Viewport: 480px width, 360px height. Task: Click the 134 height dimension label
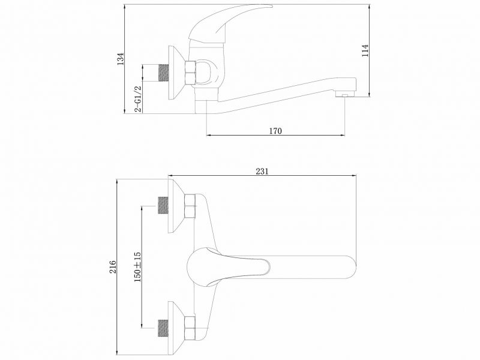[122, 59]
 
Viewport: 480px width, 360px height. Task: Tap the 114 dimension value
[365, 50]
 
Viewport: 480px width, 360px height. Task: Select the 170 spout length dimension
[275, 131]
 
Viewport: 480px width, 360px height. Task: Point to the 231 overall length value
[262, 171]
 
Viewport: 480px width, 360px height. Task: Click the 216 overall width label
[113, 266]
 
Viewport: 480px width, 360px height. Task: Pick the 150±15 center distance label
[137, 267]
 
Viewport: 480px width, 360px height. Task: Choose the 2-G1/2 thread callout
[139, 98]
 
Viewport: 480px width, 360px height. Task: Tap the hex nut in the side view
[190, 72]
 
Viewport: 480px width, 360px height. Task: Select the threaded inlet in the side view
[164, 73]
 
